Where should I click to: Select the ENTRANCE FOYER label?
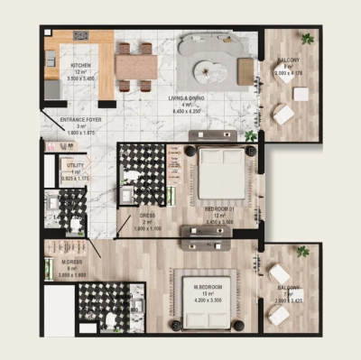click(x=81, y=119)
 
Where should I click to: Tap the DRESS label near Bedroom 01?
click(x=146, y=217)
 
